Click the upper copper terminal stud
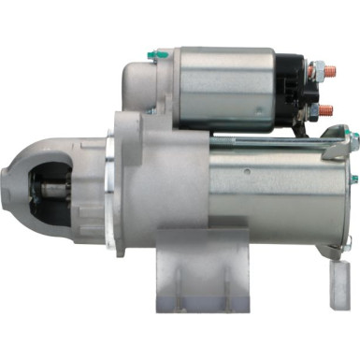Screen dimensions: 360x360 (x=326, y=67)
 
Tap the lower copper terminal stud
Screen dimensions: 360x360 (x=326, y=110)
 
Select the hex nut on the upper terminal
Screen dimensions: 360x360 (x=317, y=68)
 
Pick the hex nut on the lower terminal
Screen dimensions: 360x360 (x=316, y=110)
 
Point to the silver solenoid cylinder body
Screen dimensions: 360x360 (x=229, y=90)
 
